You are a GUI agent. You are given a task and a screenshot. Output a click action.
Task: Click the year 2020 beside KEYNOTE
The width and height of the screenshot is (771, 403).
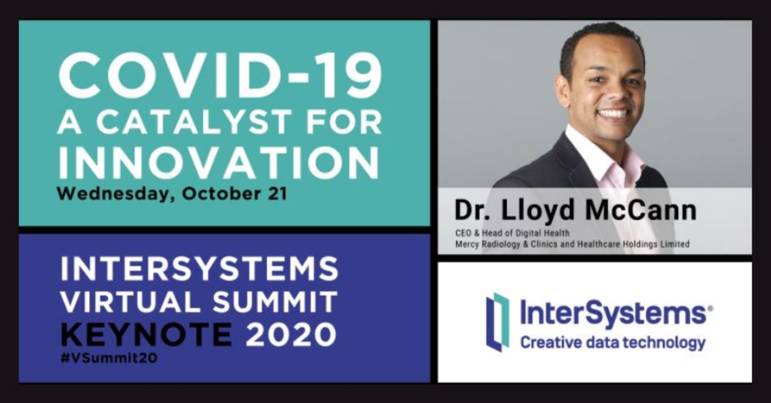[288, 334]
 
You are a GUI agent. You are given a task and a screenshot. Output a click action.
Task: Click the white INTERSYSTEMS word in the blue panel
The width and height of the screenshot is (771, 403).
[199, 269]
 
